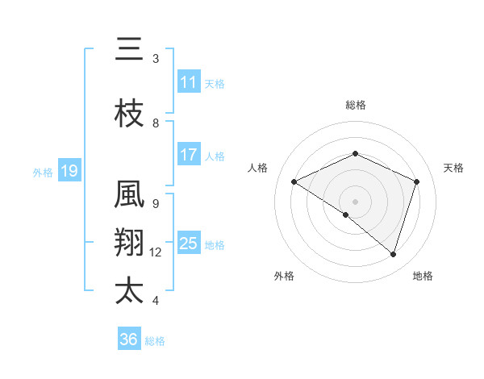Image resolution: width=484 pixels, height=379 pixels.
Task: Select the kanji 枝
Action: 129,115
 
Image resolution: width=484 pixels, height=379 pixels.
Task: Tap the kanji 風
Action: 129,196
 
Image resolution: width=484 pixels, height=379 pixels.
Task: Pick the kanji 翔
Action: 129,244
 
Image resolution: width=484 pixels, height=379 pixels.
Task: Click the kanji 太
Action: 129,291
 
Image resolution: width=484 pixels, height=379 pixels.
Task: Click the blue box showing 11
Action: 189,82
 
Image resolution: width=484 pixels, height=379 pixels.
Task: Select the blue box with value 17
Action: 189,156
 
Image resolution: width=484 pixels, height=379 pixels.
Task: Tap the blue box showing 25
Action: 189,244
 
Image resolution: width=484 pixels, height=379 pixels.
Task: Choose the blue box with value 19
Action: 69,171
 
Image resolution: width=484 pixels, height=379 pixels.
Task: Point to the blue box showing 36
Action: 129,339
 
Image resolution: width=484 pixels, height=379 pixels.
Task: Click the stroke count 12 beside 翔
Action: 156,252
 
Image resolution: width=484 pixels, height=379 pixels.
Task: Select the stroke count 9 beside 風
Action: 155,204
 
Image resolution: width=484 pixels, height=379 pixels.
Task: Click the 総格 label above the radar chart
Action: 355,105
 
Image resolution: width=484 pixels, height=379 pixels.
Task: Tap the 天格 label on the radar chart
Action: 453,168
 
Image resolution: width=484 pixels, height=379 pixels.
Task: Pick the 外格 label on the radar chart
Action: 284,277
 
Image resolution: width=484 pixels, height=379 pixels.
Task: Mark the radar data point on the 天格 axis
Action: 416,181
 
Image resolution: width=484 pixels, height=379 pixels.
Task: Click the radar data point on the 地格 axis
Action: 393,254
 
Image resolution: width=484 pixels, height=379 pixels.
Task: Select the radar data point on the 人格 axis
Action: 294,181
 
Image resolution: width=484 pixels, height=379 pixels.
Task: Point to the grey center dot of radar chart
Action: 355,201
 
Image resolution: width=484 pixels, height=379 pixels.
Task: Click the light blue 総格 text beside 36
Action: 155,341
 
